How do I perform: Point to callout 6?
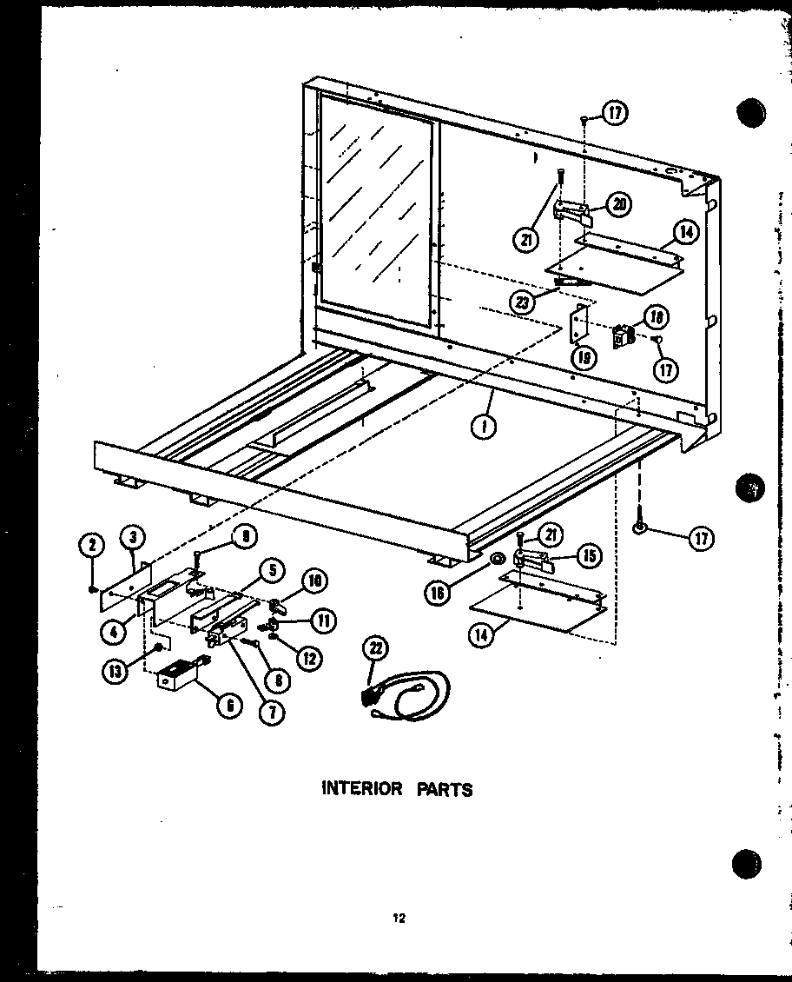point(229,707)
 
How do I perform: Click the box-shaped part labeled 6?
point(178,676)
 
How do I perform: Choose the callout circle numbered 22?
point(379,648)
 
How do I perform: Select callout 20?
point(618,204)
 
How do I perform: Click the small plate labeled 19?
point(579,322)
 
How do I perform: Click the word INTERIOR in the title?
point(361,789)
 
